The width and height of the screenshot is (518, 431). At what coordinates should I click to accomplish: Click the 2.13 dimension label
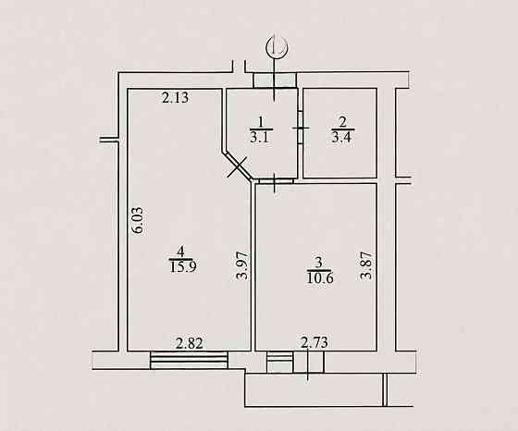click(x=176, y=98)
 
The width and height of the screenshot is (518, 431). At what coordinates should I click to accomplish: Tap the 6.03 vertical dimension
click(x=138, y=220)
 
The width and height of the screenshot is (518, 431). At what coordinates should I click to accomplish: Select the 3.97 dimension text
click(x=242, y=265)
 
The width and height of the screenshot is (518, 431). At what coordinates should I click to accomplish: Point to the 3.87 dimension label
click(x=366, y=265)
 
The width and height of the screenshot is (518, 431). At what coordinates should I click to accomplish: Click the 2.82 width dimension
click(x=190, y=343)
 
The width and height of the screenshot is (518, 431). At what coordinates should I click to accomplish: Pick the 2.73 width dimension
click(x=314, y=342)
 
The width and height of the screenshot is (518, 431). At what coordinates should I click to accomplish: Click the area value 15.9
click(x=183, y=267)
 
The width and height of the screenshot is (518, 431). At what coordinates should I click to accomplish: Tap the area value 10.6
click(x=320, y=277)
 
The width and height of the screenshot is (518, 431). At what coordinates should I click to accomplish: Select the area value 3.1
click(x=261, y=137)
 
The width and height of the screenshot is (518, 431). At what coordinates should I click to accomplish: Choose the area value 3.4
click(x=342, y=137)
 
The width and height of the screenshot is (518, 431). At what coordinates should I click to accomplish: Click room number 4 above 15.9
click(x=180, y=252)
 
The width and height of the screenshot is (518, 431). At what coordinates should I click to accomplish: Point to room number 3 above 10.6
click(x=318, y=264)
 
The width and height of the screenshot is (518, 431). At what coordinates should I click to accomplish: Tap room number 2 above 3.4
click(x=342, y=122)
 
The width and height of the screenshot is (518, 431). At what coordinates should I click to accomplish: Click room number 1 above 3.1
click(x=261, y=122)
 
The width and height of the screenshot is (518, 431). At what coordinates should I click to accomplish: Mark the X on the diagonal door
click(x=238, y=167)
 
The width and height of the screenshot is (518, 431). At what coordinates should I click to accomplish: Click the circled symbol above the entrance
click(x=277, y=47)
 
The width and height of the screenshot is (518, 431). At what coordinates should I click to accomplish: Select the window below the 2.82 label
click(x=190, y=360)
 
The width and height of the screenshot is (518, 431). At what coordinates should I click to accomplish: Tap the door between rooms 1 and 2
click(x=301, y=128)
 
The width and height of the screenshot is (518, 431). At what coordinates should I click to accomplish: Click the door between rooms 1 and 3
click(x=277, y=181)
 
